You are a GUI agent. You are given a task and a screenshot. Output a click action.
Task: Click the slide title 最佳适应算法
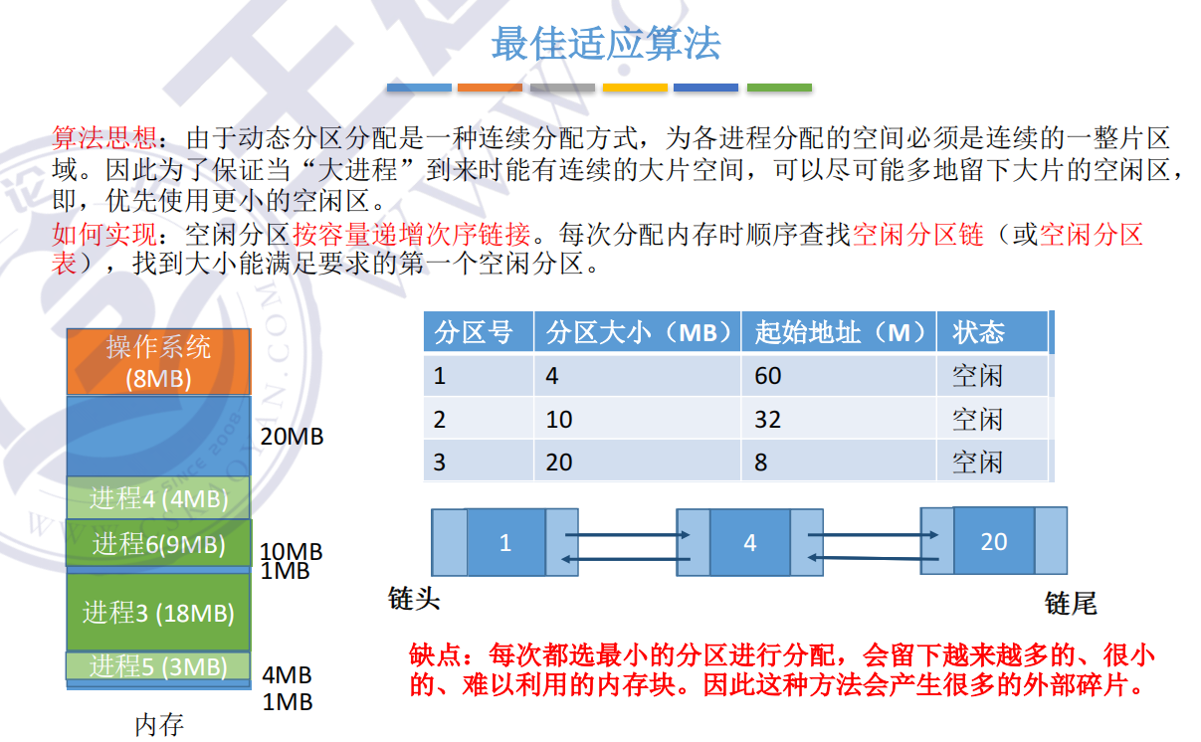pos(605,44)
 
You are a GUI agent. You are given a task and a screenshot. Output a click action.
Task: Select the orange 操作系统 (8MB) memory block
pos(159,361)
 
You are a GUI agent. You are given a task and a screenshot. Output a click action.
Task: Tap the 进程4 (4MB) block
pos(159,498)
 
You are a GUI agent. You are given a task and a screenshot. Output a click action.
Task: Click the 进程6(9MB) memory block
pos(159,544)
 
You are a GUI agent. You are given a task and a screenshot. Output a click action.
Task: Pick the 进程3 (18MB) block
pos(159,612)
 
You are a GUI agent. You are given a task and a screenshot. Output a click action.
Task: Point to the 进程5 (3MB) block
pos(159,666)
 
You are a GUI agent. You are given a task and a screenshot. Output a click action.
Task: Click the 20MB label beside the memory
pos(292,437)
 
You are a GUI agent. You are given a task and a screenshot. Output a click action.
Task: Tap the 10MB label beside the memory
pos(292,551)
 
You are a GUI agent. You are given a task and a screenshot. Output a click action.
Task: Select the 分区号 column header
pos(474,332)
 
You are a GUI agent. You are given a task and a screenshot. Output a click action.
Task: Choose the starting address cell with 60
pos(768,376)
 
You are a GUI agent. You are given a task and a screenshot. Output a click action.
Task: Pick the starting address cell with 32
pos(768,420)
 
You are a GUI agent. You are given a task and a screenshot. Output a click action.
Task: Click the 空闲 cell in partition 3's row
pos(977,463)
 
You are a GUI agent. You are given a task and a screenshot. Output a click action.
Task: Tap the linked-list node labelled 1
pos(505,543)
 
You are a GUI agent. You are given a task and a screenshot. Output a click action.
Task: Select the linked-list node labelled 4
pos(749,543)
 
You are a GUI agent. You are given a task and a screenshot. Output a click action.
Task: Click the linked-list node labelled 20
pos(993,541)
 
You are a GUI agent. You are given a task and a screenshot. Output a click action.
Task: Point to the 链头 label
pos(414,599)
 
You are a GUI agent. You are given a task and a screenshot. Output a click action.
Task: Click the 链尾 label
pos(1071,603)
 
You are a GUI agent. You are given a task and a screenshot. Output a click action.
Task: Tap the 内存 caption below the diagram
pos(159,723)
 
